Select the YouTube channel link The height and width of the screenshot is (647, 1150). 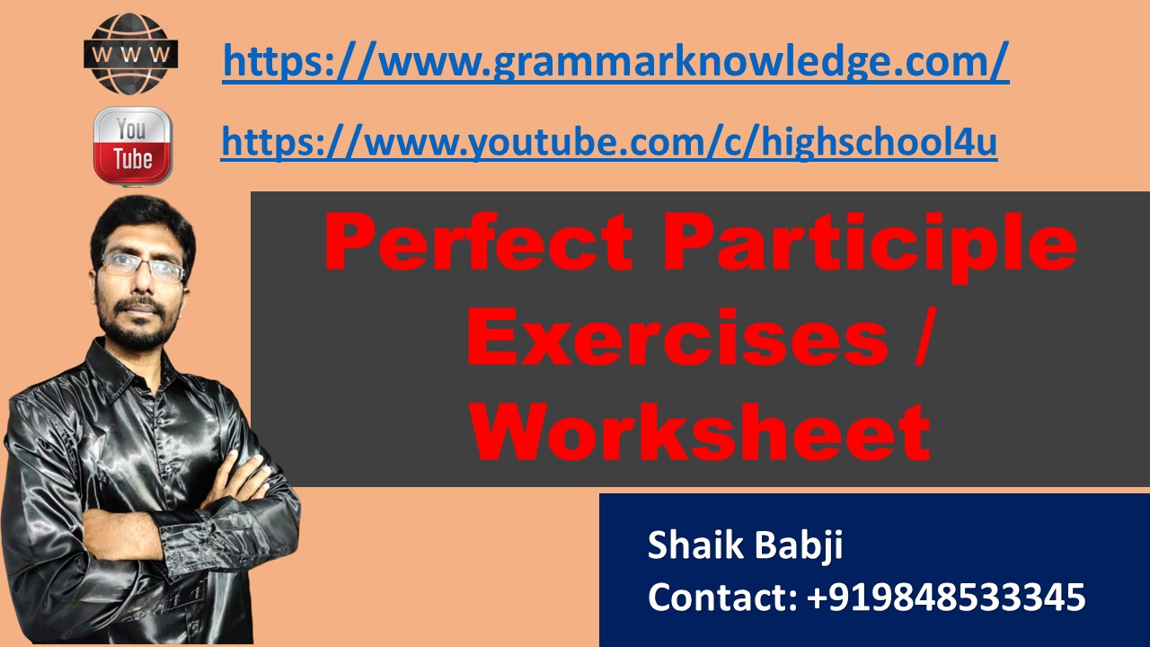(x=609, y=141)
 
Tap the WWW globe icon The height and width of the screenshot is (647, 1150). (x=131, y=54)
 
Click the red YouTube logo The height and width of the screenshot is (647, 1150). (x=132, y=145)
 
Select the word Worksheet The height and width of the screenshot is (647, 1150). (x=699, y=432)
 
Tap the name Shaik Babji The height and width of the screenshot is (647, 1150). (x=745, y=545)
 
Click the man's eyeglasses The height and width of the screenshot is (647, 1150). (x=143, y=267)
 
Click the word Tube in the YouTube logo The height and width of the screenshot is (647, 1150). (x=132, y=161)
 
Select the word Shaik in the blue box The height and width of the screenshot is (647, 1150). (x=687, y=545)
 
